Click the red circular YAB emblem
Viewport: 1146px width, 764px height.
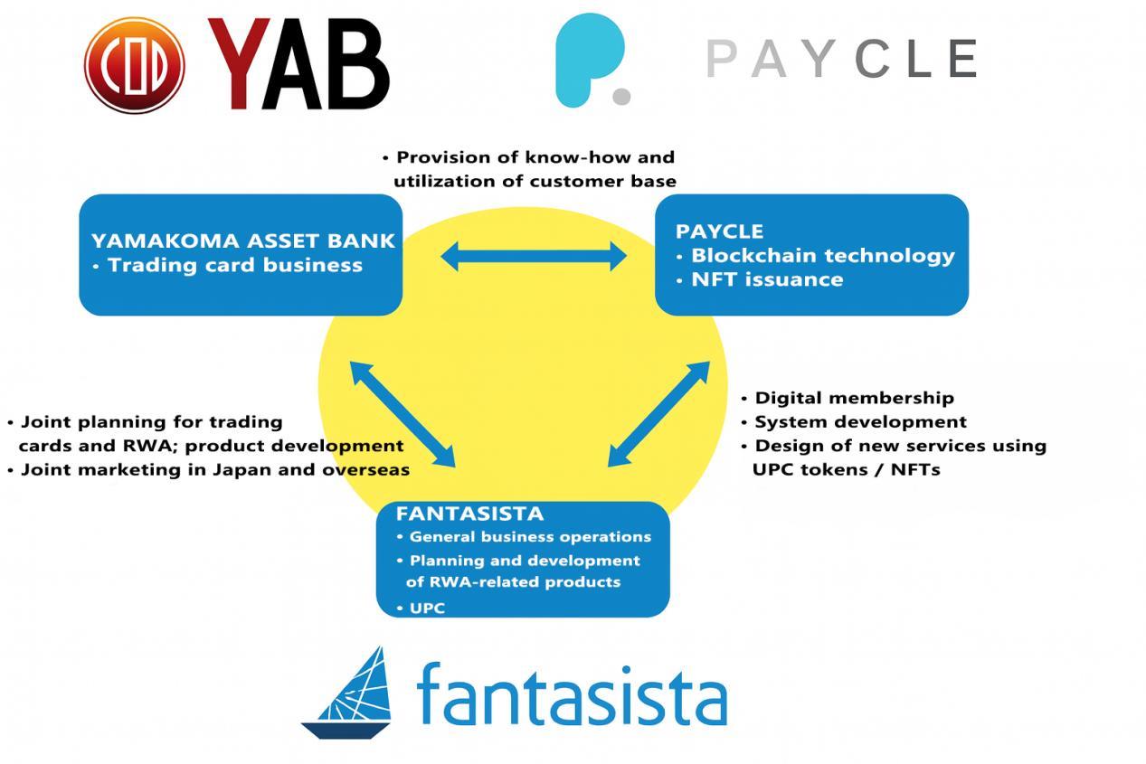tap(134, 64)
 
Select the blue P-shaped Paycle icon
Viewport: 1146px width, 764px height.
tap(591, 61)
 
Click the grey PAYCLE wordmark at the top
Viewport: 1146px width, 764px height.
tap(841, 60)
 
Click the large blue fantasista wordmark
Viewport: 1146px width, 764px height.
tap(572, 694)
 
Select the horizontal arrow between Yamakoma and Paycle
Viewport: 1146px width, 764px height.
tap(533, 257)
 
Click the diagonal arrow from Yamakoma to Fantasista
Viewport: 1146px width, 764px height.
tap(403, 414)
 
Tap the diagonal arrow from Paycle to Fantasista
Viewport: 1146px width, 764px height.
tap(658, 414)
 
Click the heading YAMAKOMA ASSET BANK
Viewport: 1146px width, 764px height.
tap(242, 241)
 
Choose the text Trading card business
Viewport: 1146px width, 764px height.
tap(234, 266)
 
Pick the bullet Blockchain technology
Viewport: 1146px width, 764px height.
tap(822, 256)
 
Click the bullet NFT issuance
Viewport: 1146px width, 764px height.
tap(767, 280)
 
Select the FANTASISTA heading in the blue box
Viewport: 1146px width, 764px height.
tap(469, 514)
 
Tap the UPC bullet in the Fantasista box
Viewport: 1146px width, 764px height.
tap(427, 608)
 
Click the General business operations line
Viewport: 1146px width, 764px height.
tap(529, 537)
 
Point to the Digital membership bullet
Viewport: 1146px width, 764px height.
tap(854, 398)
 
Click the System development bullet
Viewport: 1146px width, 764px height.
tap(860, 422)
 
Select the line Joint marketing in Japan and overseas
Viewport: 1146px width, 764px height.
tap(214, 470)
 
